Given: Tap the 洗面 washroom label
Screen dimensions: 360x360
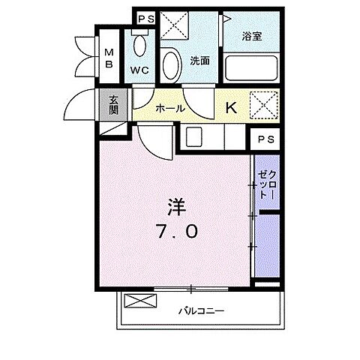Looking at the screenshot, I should click(x=199, y=61).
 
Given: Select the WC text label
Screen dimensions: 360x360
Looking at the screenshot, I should click(x=139, y=70).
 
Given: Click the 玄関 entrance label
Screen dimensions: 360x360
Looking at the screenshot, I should click(x=113, y=103).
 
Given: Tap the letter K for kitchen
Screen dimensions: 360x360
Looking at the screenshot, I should click(x=231, y=107).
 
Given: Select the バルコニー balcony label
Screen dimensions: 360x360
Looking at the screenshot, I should click(x=201, y=309).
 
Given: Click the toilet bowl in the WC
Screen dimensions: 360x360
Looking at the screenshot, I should click(x=139, y=47).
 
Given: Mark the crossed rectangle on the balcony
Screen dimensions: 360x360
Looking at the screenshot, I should click(x=141, y=301).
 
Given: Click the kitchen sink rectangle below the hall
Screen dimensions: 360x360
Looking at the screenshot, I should click(x=194, y=137).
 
